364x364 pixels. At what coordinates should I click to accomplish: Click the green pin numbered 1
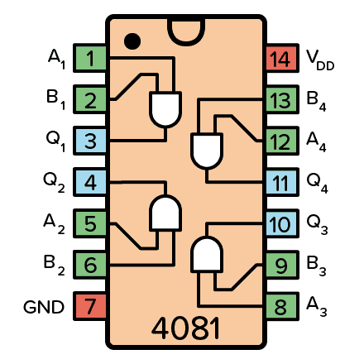point(90,59)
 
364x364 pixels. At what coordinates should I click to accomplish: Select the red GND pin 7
point(90,307)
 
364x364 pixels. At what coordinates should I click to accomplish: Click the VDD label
point(321,59)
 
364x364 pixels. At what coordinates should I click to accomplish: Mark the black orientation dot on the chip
point(131,39)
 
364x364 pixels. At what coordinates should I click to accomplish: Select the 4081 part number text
point(185,328)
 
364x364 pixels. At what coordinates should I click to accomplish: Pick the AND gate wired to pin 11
point(205,150)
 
